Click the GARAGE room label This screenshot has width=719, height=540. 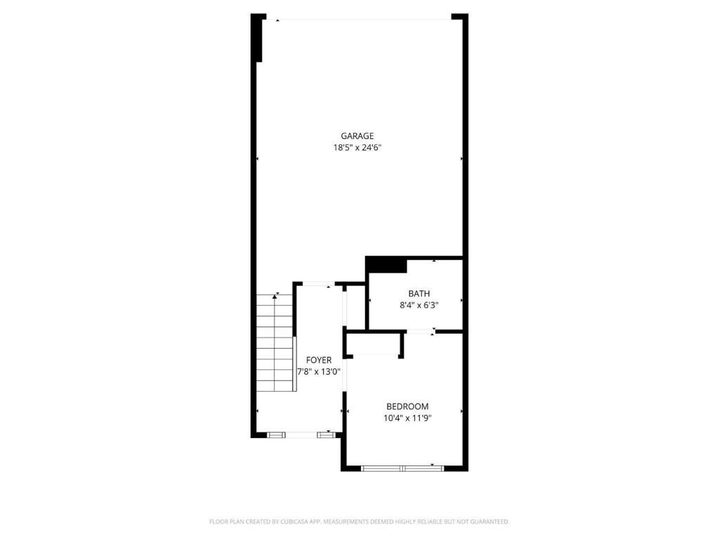pyautogui.click(x=357, y=136)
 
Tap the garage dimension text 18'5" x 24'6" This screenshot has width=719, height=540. pyautogui.click(x=357, y=148)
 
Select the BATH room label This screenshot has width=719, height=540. pyautogui.click(x=419, y=293)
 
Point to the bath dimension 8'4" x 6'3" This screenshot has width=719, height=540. pyautogui.click(x=419, y=305)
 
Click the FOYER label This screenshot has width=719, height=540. pyautogui.click(x=319, y=360)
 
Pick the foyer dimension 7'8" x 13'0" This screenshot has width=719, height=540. pyautogui.click(x=318, y=372)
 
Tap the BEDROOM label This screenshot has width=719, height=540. pyautogui.click(x=407, y=406)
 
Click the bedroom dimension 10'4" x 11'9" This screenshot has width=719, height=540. pyautogui.click(x=407, y=418)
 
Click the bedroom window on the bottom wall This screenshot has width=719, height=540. pyautogui.click(x=402, y=468)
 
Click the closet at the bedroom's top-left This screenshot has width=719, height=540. pyautogui.click(x=374, y=344)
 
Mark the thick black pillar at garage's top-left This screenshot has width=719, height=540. pyautogui.click(x=258, y=39)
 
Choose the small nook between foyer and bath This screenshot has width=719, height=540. pyautogui.click(x=355, y=307)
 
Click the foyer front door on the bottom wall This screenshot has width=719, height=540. pyautogui.click(x=302, y=435)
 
